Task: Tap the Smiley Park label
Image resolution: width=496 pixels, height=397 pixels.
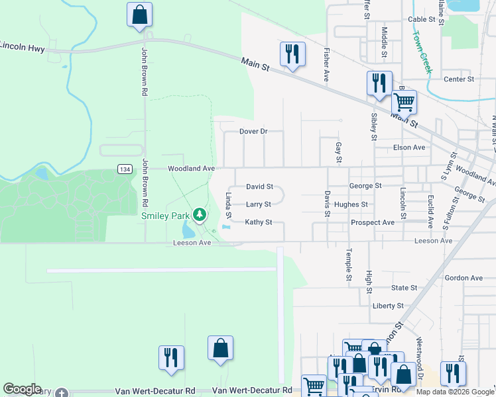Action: [165, 216]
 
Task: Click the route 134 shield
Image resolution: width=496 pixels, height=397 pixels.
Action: [125, 169]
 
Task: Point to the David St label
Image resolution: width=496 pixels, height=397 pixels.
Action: [259, 187]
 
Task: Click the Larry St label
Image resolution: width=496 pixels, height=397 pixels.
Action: [258, 204]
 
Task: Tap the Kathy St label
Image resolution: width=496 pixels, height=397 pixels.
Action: [259, 222]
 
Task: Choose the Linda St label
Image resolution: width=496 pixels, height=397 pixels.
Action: [228, 205]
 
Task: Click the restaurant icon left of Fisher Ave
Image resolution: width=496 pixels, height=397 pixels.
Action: [292, 54]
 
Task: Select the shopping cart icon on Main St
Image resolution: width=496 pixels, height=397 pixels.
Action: [403, 102]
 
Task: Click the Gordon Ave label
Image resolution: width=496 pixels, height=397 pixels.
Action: [464, 278]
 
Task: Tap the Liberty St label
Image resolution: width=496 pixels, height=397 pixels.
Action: [389, 306]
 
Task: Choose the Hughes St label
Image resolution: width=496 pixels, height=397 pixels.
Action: [351, 204]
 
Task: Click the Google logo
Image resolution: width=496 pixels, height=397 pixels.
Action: [22, 389]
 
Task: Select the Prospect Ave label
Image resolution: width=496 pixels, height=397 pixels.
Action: [373, 222]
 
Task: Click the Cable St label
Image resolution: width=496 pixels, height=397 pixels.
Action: [421, 20]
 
